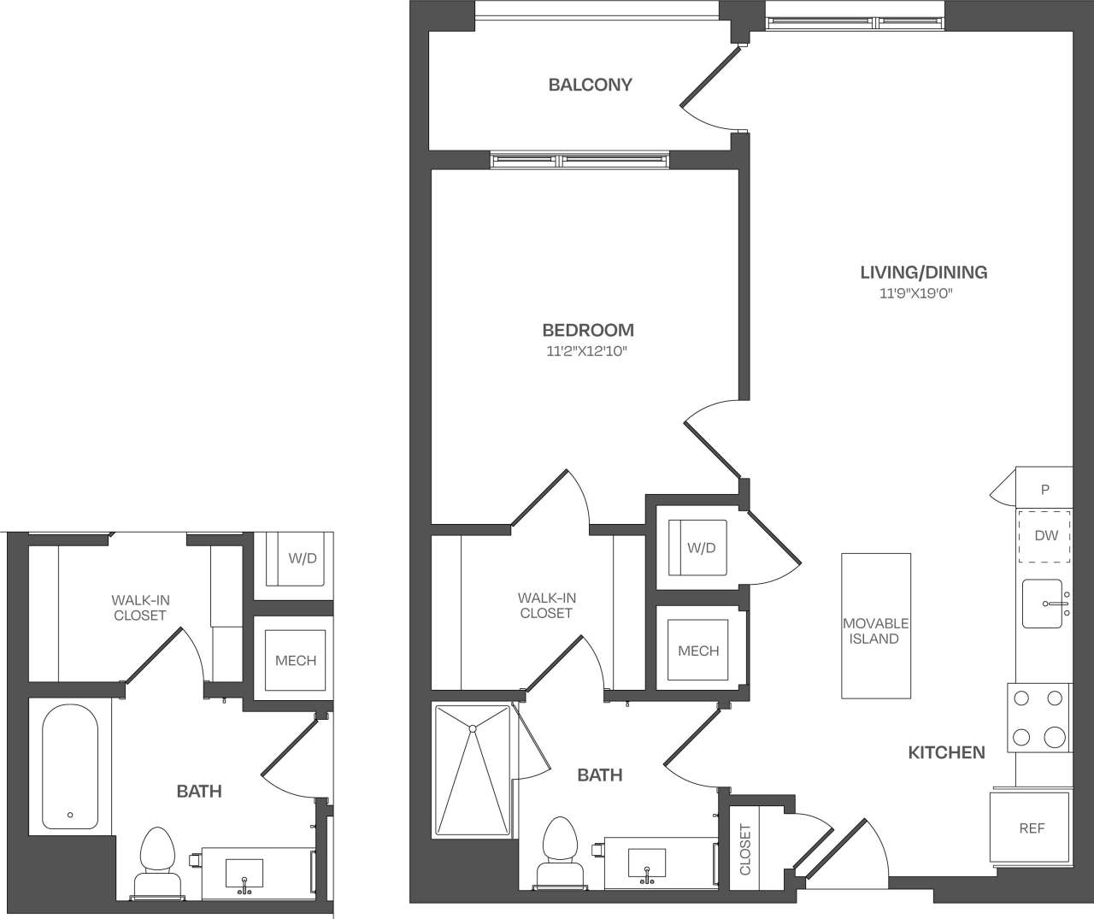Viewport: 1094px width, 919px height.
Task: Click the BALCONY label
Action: (x=590, y=85)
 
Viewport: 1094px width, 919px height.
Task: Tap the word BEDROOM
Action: (x=588, y=330)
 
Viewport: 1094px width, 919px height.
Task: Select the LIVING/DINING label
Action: (x=923, y=273)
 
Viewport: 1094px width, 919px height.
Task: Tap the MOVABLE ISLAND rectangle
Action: (x=875, y=626)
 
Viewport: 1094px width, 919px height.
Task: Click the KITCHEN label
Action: (x=945, y=752)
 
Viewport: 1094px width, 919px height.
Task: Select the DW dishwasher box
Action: (x=1044, y=536)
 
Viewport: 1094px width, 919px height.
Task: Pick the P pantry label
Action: (x=1044, y=490)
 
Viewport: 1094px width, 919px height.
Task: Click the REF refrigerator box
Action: (x=1030, y=827)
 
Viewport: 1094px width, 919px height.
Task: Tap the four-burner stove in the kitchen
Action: (x=1039, y=718)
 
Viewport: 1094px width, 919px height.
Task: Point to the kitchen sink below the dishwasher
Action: (x=1043, y=604)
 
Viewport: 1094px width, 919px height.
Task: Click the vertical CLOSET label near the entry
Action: (x=744, y=849)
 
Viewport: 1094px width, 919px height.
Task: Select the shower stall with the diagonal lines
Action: (x=473, y=769)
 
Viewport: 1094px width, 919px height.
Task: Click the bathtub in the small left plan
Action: (x=69, y=766)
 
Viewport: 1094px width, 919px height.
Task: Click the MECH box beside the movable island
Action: (x=697, y=651)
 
